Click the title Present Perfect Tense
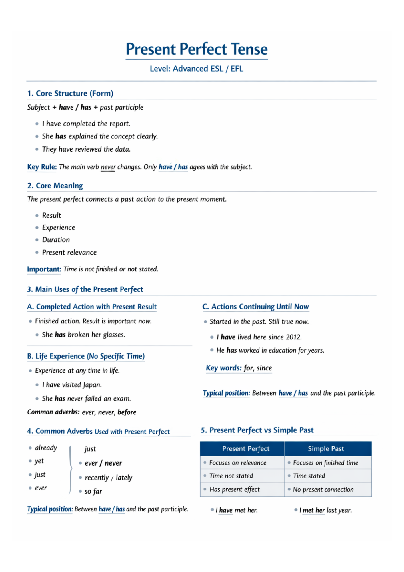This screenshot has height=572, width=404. point(197,49)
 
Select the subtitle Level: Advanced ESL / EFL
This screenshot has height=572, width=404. point(197,69)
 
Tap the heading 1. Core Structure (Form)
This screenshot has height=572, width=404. point(70,93)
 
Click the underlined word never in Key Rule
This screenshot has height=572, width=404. point(108,167)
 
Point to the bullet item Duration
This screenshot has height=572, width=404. point(56,240)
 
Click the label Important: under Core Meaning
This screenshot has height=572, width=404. point(44,269)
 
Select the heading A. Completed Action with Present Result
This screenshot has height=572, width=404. point(92,307)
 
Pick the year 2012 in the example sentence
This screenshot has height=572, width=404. point(293,337)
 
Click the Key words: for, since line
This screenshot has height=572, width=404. point(239,368)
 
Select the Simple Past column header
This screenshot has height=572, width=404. point(326,449)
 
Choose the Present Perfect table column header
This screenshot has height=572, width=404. point(246,449)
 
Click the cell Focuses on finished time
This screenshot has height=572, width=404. point(325,463)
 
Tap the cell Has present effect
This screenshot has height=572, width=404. point(235,489)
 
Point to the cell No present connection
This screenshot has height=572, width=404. point(323,490)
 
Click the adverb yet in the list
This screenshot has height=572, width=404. point(39,461)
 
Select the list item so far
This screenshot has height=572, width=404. point(93,492)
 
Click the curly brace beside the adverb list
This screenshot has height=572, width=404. point(71,469)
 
